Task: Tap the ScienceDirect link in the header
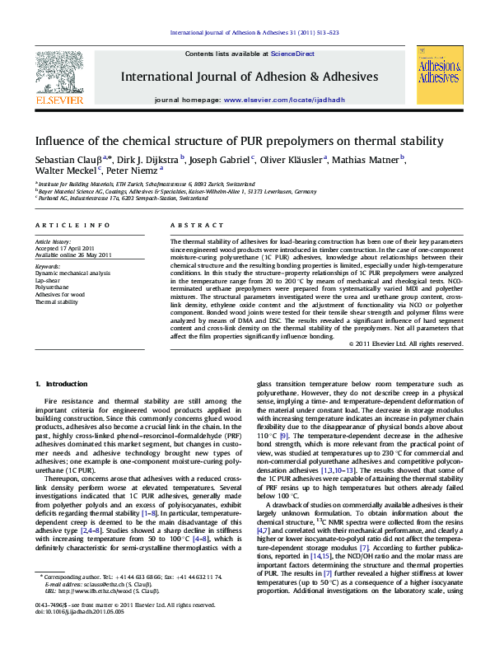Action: [293, 54]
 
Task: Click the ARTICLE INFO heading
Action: [72, 225]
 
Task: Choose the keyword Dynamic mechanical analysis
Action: [72, 273]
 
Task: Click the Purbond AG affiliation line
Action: [124, 199]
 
